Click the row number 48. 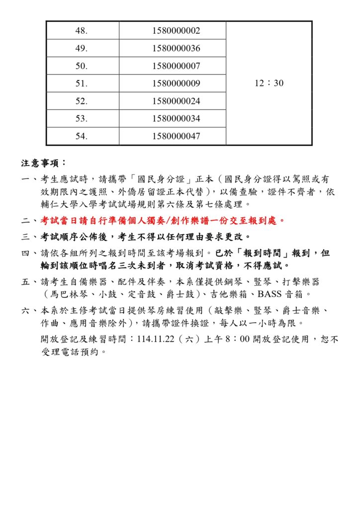82,31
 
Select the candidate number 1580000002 176,31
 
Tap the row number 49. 82,49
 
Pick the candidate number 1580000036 176,49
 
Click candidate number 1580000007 176,66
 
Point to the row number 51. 82,84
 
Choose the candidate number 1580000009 176,84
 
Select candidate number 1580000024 176,101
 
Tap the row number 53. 82,119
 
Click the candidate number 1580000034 176,119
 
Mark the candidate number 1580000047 176,136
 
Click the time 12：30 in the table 269,84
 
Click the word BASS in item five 270,295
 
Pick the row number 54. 82,136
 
